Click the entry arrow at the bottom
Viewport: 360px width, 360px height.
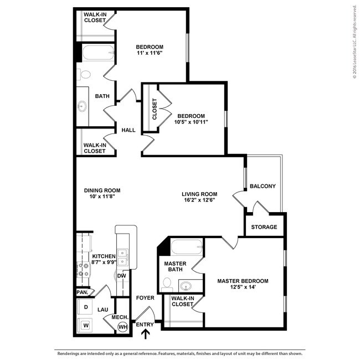pos(146,333)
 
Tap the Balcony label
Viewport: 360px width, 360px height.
pos(263,186)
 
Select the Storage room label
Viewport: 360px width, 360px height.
pos(264,227)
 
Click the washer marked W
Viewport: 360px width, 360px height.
pos(86,325)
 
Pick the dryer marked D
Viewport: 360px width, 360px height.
pos(86,306)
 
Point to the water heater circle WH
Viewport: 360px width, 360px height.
pos(122,327)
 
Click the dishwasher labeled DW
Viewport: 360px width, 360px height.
pos(122,276)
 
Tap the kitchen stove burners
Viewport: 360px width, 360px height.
pos(84,270)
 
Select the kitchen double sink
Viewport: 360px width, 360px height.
pos(124,256)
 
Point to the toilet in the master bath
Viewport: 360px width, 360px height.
pos(167,284)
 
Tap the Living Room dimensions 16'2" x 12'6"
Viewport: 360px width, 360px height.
pos(199,200)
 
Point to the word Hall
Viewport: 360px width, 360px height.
pos(128,130)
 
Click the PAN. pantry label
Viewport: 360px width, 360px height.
pos(82,292)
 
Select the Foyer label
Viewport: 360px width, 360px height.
pos(145,298)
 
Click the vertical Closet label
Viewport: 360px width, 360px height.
pos(154,109)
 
